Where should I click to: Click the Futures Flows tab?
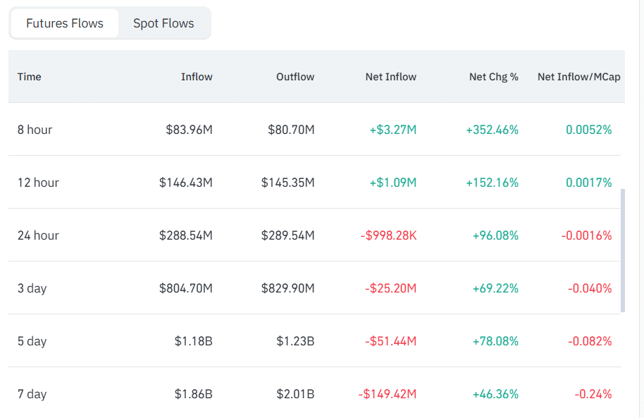(x=65, y=23)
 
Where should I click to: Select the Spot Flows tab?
(x=163, y=23)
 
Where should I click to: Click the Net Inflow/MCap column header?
(x=578, y=77)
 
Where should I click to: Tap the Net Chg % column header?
(x=494, y=77)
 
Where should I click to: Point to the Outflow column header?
(x=295, y=77)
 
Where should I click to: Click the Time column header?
(x=29, y=77)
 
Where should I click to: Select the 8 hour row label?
(x=35, y=130)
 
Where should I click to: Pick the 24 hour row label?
(x=38, y=235)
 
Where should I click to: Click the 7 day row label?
(x=32, y=394)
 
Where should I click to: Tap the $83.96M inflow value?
(x=189, y=130)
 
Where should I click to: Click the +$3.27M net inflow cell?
(x=392, y=130)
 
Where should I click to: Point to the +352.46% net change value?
(x=492, y=130)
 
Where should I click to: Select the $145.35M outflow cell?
(x=287, y=183)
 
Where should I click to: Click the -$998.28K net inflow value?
(x=388, y=235)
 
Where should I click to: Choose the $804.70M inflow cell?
(x=185, y=288)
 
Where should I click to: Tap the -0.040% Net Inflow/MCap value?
(x=590, y=288)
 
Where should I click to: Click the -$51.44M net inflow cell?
(x=390, y=341)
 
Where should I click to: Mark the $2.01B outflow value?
(x=295, y=394)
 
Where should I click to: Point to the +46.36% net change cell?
(x=495, y=394)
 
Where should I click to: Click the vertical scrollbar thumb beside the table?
(x=623, y=251)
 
